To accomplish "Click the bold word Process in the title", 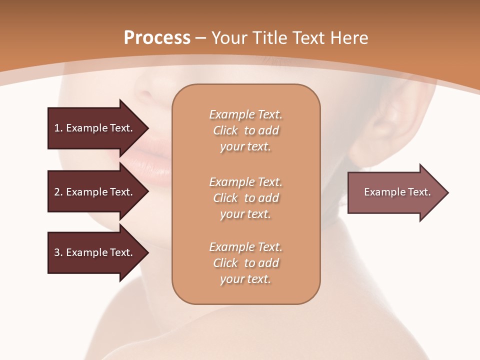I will (x=157, y=38).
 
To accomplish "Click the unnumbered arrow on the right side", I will (x=395, y=192).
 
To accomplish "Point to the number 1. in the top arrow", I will (x=58, y=128).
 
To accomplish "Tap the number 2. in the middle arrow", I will (x=58, y=192).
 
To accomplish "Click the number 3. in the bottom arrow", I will (x=58, y=252).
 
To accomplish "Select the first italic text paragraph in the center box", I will (x=245, y=130).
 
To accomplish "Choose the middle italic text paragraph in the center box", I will (x=245, y=198).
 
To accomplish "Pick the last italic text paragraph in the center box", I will (x=245, y=263).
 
